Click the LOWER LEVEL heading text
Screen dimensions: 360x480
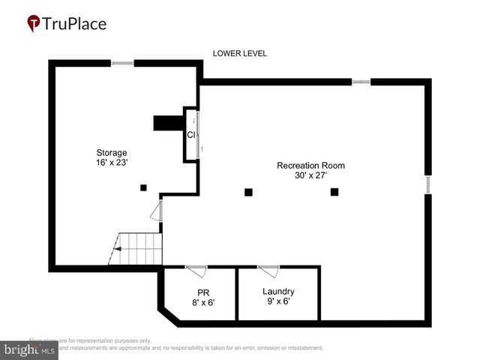click(x=239, y=53)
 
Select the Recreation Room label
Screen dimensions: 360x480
click(x=310, y=165)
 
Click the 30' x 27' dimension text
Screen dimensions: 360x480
click(x=310, y=175)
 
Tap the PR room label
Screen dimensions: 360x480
click(x=202, y=292)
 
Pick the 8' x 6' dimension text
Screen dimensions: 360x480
click(x=202, y=301)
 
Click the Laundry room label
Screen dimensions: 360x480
click(x=278, y=292)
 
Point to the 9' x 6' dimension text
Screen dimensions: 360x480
click(x=278, y=301)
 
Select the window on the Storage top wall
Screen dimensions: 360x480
click(x=122, y=64)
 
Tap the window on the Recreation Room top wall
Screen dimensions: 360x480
click(x=361, y=81)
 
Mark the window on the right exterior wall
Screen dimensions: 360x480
click(x=428, y=184)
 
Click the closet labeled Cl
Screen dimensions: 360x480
click(x=192, y=136)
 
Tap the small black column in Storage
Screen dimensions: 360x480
click(x=144, y=187)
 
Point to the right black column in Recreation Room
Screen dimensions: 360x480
click(x=334, y=192)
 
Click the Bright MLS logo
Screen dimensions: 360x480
click(x=30, y=349)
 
